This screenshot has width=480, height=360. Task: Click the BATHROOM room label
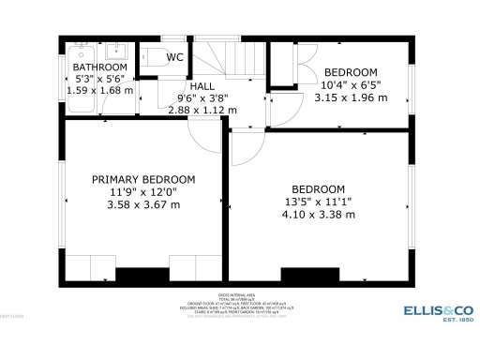click(x=99, y=67)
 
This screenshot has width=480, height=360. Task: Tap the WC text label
click(x=175, y=57)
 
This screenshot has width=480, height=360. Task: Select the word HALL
click(x=202, y=85)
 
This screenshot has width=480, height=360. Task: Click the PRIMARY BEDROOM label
click(x=143, y=179)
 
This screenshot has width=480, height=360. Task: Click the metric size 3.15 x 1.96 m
click(x=350, y=97)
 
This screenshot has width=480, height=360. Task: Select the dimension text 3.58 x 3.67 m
click(x=143, y=203)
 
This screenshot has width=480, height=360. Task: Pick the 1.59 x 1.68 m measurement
click(x=99, y=91)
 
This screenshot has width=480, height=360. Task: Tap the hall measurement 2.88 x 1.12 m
click(x=202, y=109)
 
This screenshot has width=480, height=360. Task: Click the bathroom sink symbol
click(x=117, y=51)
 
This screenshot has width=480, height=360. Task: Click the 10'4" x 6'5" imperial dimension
click(x=350, y=84)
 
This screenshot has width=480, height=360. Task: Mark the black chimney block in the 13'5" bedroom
click(x=309, y=276)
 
